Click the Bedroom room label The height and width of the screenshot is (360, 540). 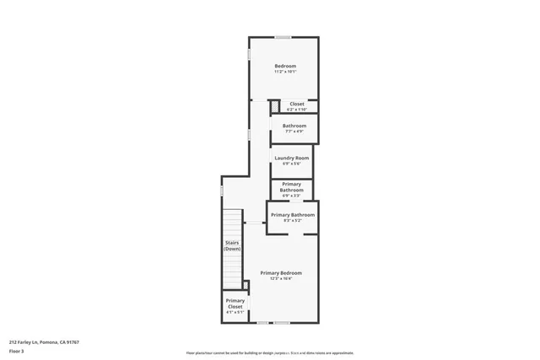coord(285,66)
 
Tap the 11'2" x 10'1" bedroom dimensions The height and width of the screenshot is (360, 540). coord(285,72)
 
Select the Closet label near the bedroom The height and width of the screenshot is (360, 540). coord(296,104)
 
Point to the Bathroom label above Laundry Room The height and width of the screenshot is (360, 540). coord(294,126)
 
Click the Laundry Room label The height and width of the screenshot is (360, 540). coord(291,158)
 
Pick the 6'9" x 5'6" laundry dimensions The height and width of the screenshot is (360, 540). coord(291,164)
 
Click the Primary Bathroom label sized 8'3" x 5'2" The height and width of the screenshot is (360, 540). coord(293,215)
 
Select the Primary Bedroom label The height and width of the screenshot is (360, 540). coord(281,272)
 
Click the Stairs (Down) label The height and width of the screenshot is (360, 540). coord(232,245)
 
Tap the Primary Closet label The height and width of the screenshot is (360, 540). coord(235,303)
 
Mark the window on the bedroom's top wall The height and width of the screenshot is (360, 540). coord(283,37)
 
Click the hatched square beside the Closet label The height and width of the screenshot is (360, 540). coord(274,105)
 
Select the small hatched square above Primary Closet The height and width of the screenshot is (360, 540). coord(246,286)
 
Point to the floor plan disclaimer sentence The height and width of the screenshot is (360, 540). coord(270,352)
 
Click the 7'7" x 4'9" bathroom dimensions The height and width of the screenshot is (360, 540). coord(294,131)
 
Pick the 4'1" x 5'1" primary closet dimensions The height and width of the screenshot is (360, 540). coord(235,312)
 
